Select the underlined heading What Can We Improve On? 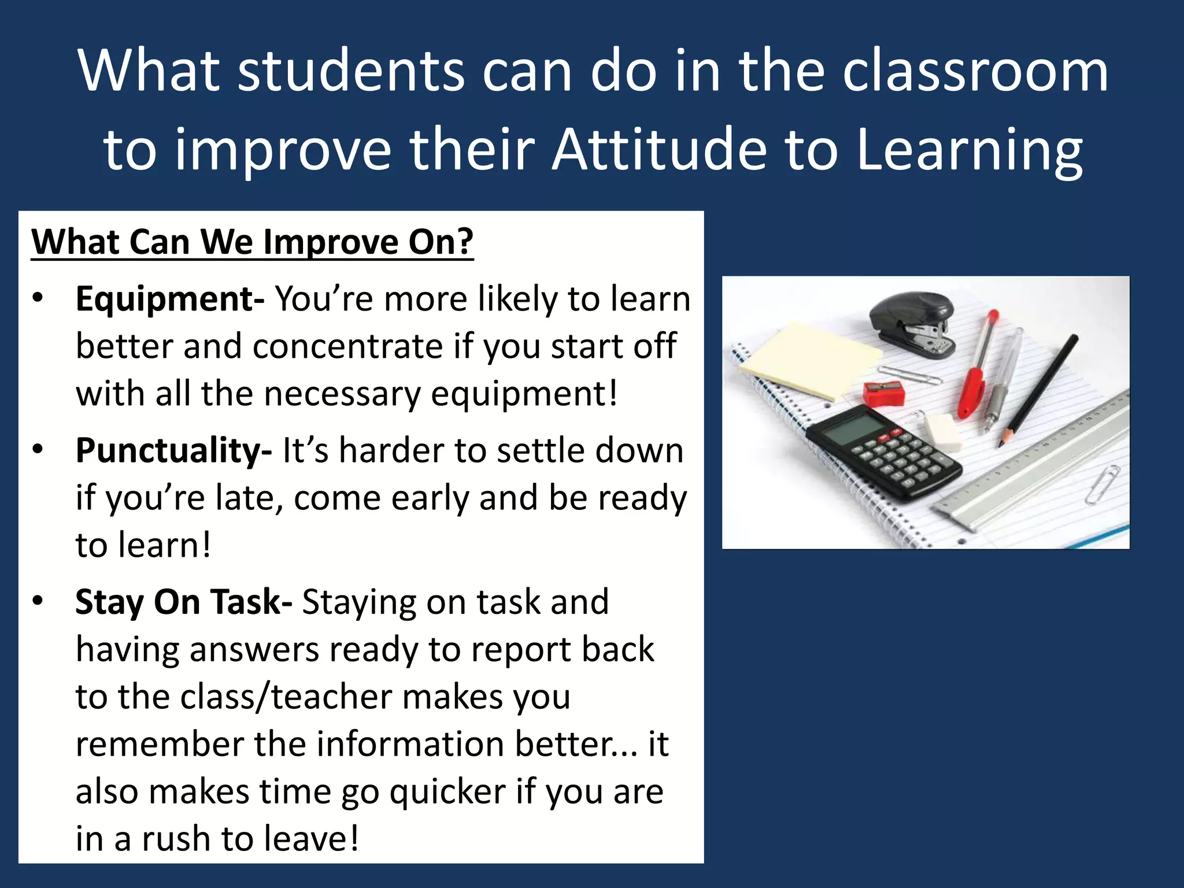pos(252,242)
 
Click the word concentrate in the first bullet pos(348,347)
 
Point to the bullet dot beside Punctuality pos(38,450)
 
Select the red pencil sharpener pos(883,393)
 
